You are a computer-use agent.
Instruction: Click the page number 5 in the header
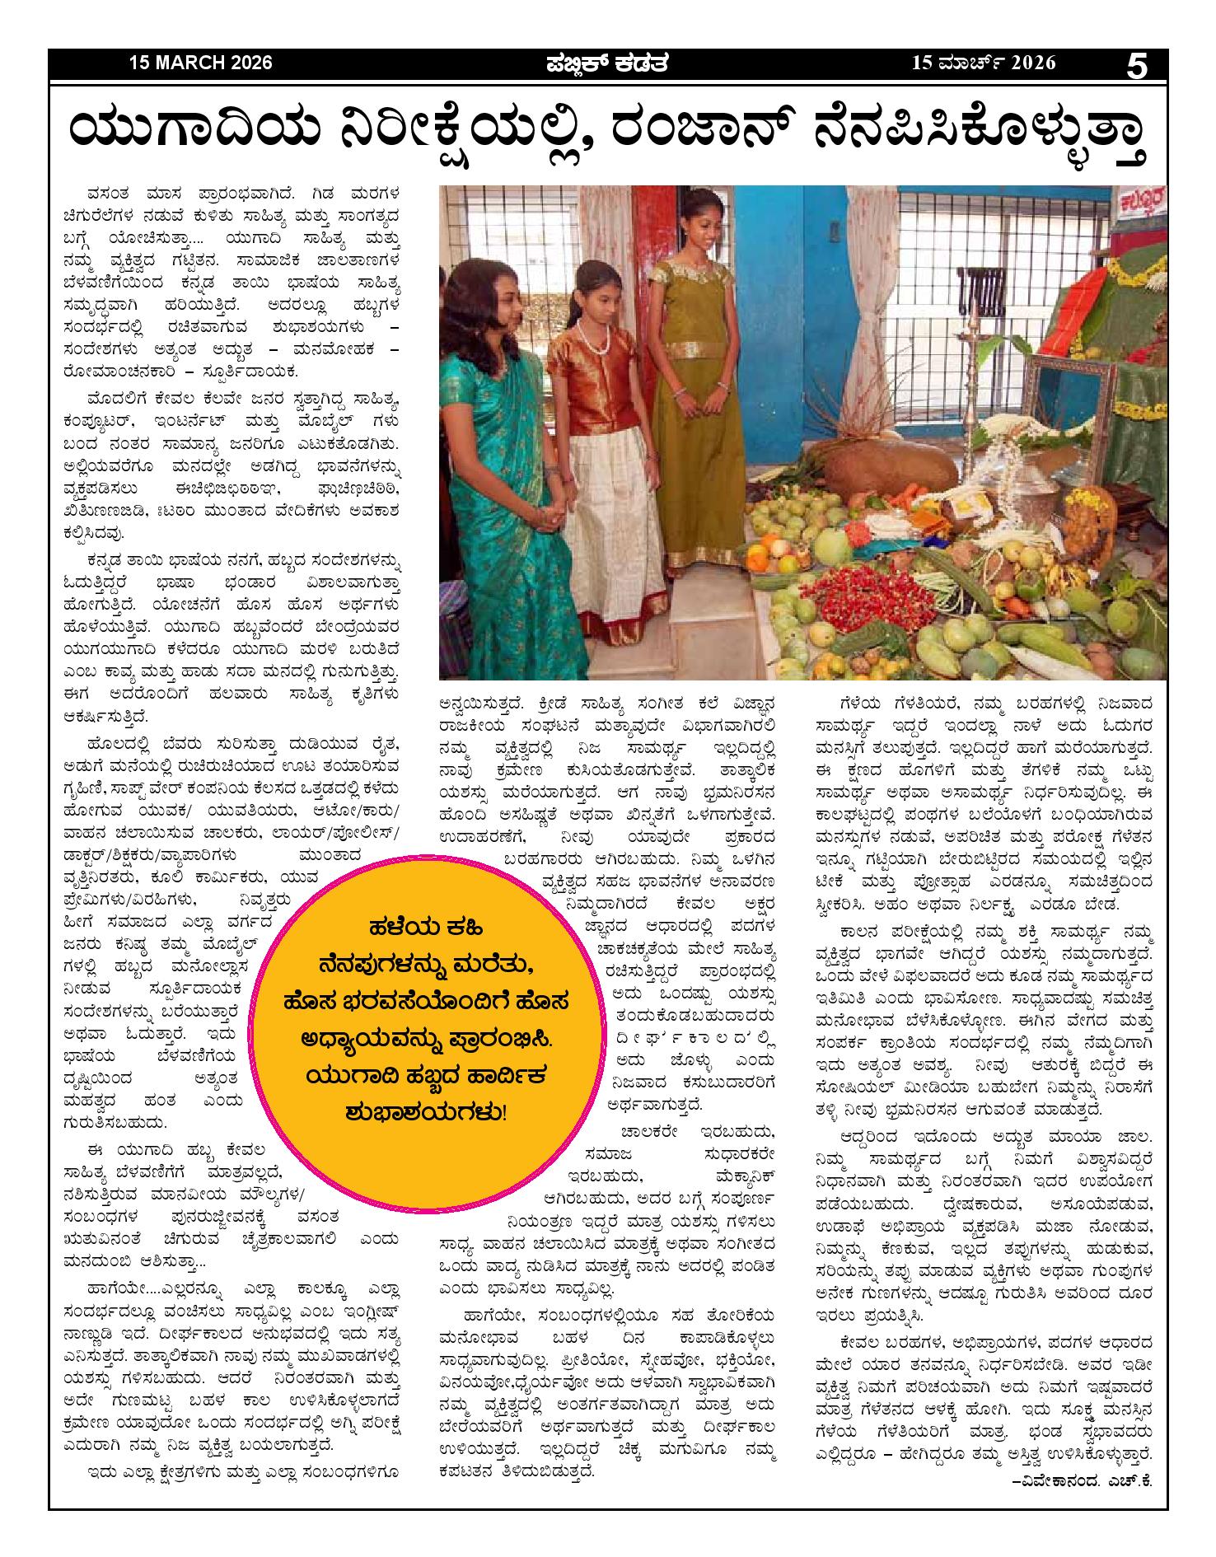click(1137, 65)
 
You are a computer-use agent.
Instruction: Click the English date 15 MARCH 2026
click(200, 63)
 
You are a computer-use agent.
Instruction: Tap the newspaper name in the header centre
click(607, 63)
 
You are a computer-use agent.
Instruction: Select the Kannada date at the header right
click(982, 63)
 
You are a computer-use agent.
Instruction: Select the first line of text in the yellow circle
click(419, 927)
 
